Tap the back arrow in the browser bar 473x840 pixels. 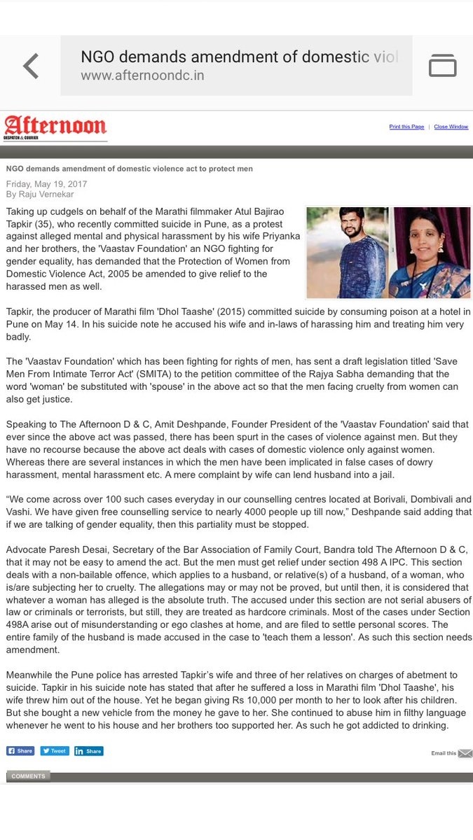tap(30, 66)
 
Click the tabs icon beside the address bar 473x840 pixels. tap(442, 65)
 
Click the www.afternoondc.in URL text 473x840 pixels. tap(142, 76)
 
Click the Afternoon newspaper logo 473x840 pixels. tap(55, 127)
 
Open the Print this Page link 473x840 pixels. tap(406, 127)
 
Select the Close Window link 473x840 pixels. tap(451, 127)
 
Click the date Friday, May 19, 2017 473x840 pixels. tap(46, 184)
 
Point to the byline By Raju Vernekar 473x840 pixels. tap(40, 194)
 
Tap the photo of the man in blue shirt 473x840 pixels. tap(348, 252)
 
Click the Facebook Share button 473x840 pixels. tap(20, 751)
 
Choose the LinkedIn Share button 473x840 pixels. tap(88, 751)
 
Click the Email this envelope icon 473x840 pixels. tap(465, 753)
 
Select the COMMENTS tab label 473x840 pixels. tap(28, 776)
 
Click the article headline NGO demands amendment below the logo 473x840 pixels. tap(130, 169)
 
